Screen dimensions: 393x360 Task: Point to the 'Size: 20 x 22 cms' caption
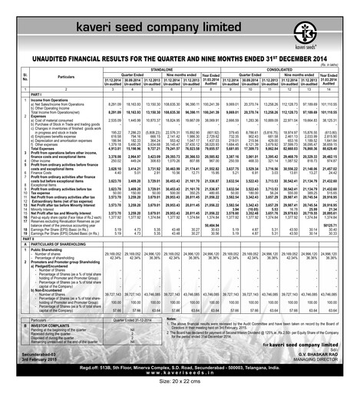click(x=180, y=385)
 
